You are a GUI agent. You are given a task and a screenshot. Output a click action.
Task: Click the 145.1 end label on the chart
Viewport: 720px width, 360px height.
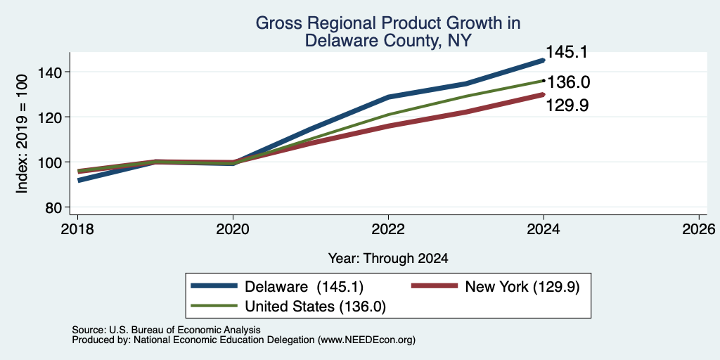(567, 52)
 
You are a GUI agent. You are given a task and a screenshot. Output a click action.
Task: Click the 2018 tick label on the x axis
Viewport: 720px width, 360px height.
(77, 229)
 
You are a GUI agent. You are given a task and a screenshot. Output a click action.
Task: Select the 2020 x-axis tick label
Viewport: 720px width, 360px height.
(233, 229)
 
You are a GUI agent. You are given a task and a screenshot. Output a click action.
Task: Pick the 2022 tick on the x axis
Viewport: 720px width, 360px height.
(388, 229)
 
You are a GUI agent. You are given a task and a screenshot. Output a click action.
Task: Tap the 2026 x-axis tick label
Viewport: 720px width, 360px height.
(700, 229)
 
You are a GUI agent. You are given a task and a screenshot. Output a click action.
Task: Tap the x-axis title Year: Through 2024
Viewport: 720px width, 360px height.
(388, 259)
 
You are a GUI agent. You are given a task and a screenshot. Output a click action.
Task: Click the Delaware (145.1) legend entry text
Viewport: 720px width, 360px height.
(304, 287)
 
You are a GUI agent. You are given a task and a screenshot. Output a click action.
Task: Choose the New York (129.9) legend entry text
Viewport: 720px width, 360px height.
(522, 287)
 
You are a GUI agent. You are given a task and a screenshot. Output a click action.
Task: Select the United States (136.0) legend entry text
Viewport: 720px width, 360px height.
(316, 307)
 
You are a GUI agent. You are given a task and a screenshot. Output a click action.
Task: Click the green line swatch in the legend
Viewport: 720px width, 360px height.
(214, 306)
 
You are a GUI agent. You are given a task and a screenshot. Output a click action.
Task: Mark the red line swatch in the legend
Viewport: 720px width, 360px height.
(435, 286)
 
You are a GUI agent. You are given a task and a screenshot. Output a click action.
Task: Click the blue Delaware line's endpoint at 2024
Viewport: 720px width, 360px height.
(544, 60)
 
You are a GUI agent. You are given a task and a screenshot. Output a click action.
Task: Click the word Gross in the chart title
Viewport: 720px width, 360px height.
(275, 23)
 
